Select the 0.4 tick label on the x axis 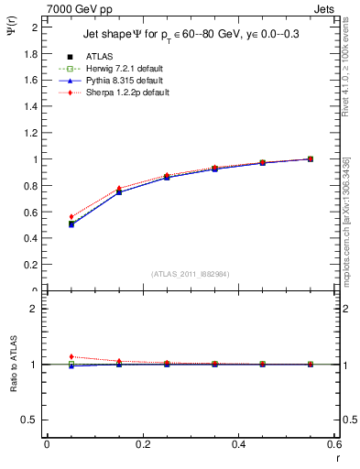click(x=239, y=444)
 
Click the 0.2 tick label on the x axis click(x=143, y=444)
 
